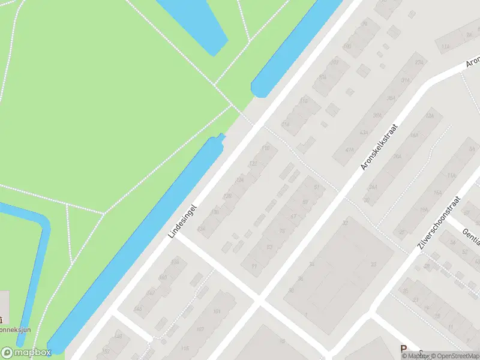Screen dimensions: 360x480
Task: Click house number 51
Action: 317,188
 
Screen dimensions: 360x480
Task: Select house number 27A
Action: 419,62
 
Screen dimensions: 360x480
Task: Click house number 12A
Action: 429,116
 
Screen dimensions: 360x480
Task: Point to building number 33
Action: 373,265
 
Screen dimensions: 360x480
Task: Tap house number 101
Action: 217,311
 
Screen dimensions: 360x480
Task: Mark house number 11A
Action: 451,176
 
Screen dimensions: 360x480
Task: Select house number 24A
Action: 373,187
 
